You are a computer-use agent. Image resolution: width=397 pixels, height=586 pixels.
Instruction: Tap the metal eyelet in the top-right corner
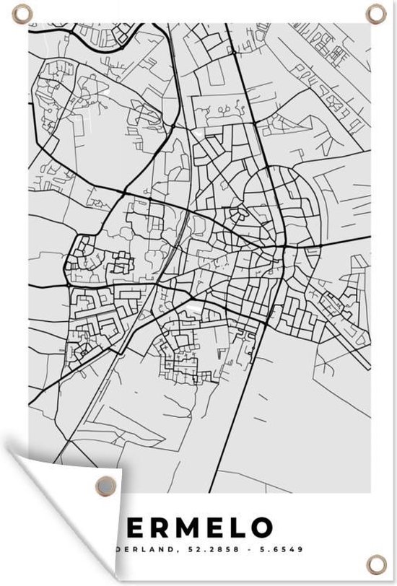(x=376, y=12)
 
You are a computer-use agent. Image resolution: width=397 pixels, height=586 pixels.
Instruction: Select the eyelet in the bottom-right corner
(x=376, y=561)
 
